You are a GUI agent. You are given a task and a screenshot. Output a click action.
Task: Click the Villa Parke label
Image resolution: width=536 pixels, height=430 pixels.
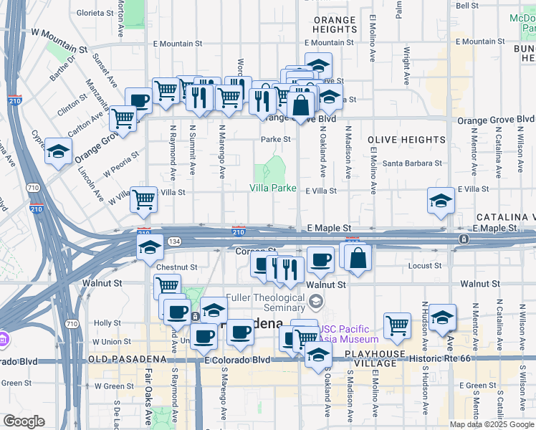[x=272, y=188]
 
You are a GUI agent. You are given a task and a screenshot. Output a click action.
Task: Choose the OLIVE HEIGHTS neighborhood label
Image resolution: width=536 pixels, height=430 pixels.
[x=406, y=140]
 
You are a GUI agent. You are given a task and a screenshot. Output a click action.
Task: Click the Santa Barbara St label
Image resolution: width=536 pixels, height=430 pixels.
[x=412, y=163]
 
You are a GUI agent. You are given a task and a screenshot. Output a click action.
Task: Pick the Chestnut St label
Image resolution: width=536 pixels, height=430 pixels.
[x=176, y=267]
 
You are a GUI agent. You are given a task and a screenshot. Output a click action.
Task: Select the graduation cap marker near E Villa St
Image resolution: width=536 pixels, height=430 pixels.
[x=441, y=201]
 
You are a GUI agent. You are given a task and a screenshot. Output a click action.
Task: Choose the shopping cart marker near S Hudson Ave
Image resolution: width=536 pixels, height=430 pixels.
[x=397, y=326]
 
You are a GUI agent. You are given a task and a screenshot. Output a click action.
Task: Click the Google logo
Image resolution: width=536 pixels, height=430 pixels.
[x=24, y=421]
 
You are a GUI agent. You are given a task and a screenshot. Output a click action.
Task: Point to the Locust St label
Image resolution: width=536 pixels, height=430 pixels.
[x=428, y=266]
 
